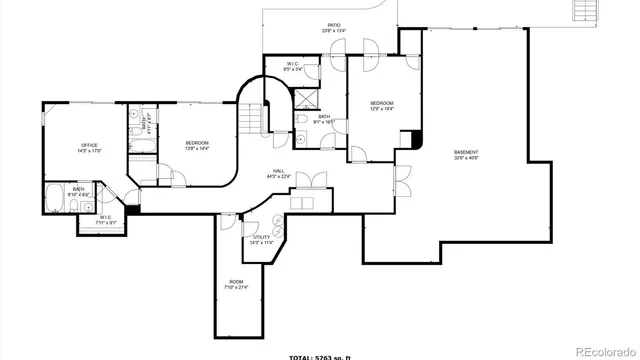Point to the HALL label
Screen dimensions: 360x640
coord(277,171)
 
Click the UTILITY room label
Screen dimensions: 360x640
coord(262,237)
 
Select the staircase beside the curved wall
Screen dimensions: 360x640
coord(249,119)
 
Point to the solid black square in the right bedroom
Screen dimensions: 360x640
coord(417,143)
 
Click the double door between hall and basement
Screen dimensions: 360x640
coord(403,184)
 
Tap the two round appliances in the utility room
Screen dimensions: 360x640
coord(279,227)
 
